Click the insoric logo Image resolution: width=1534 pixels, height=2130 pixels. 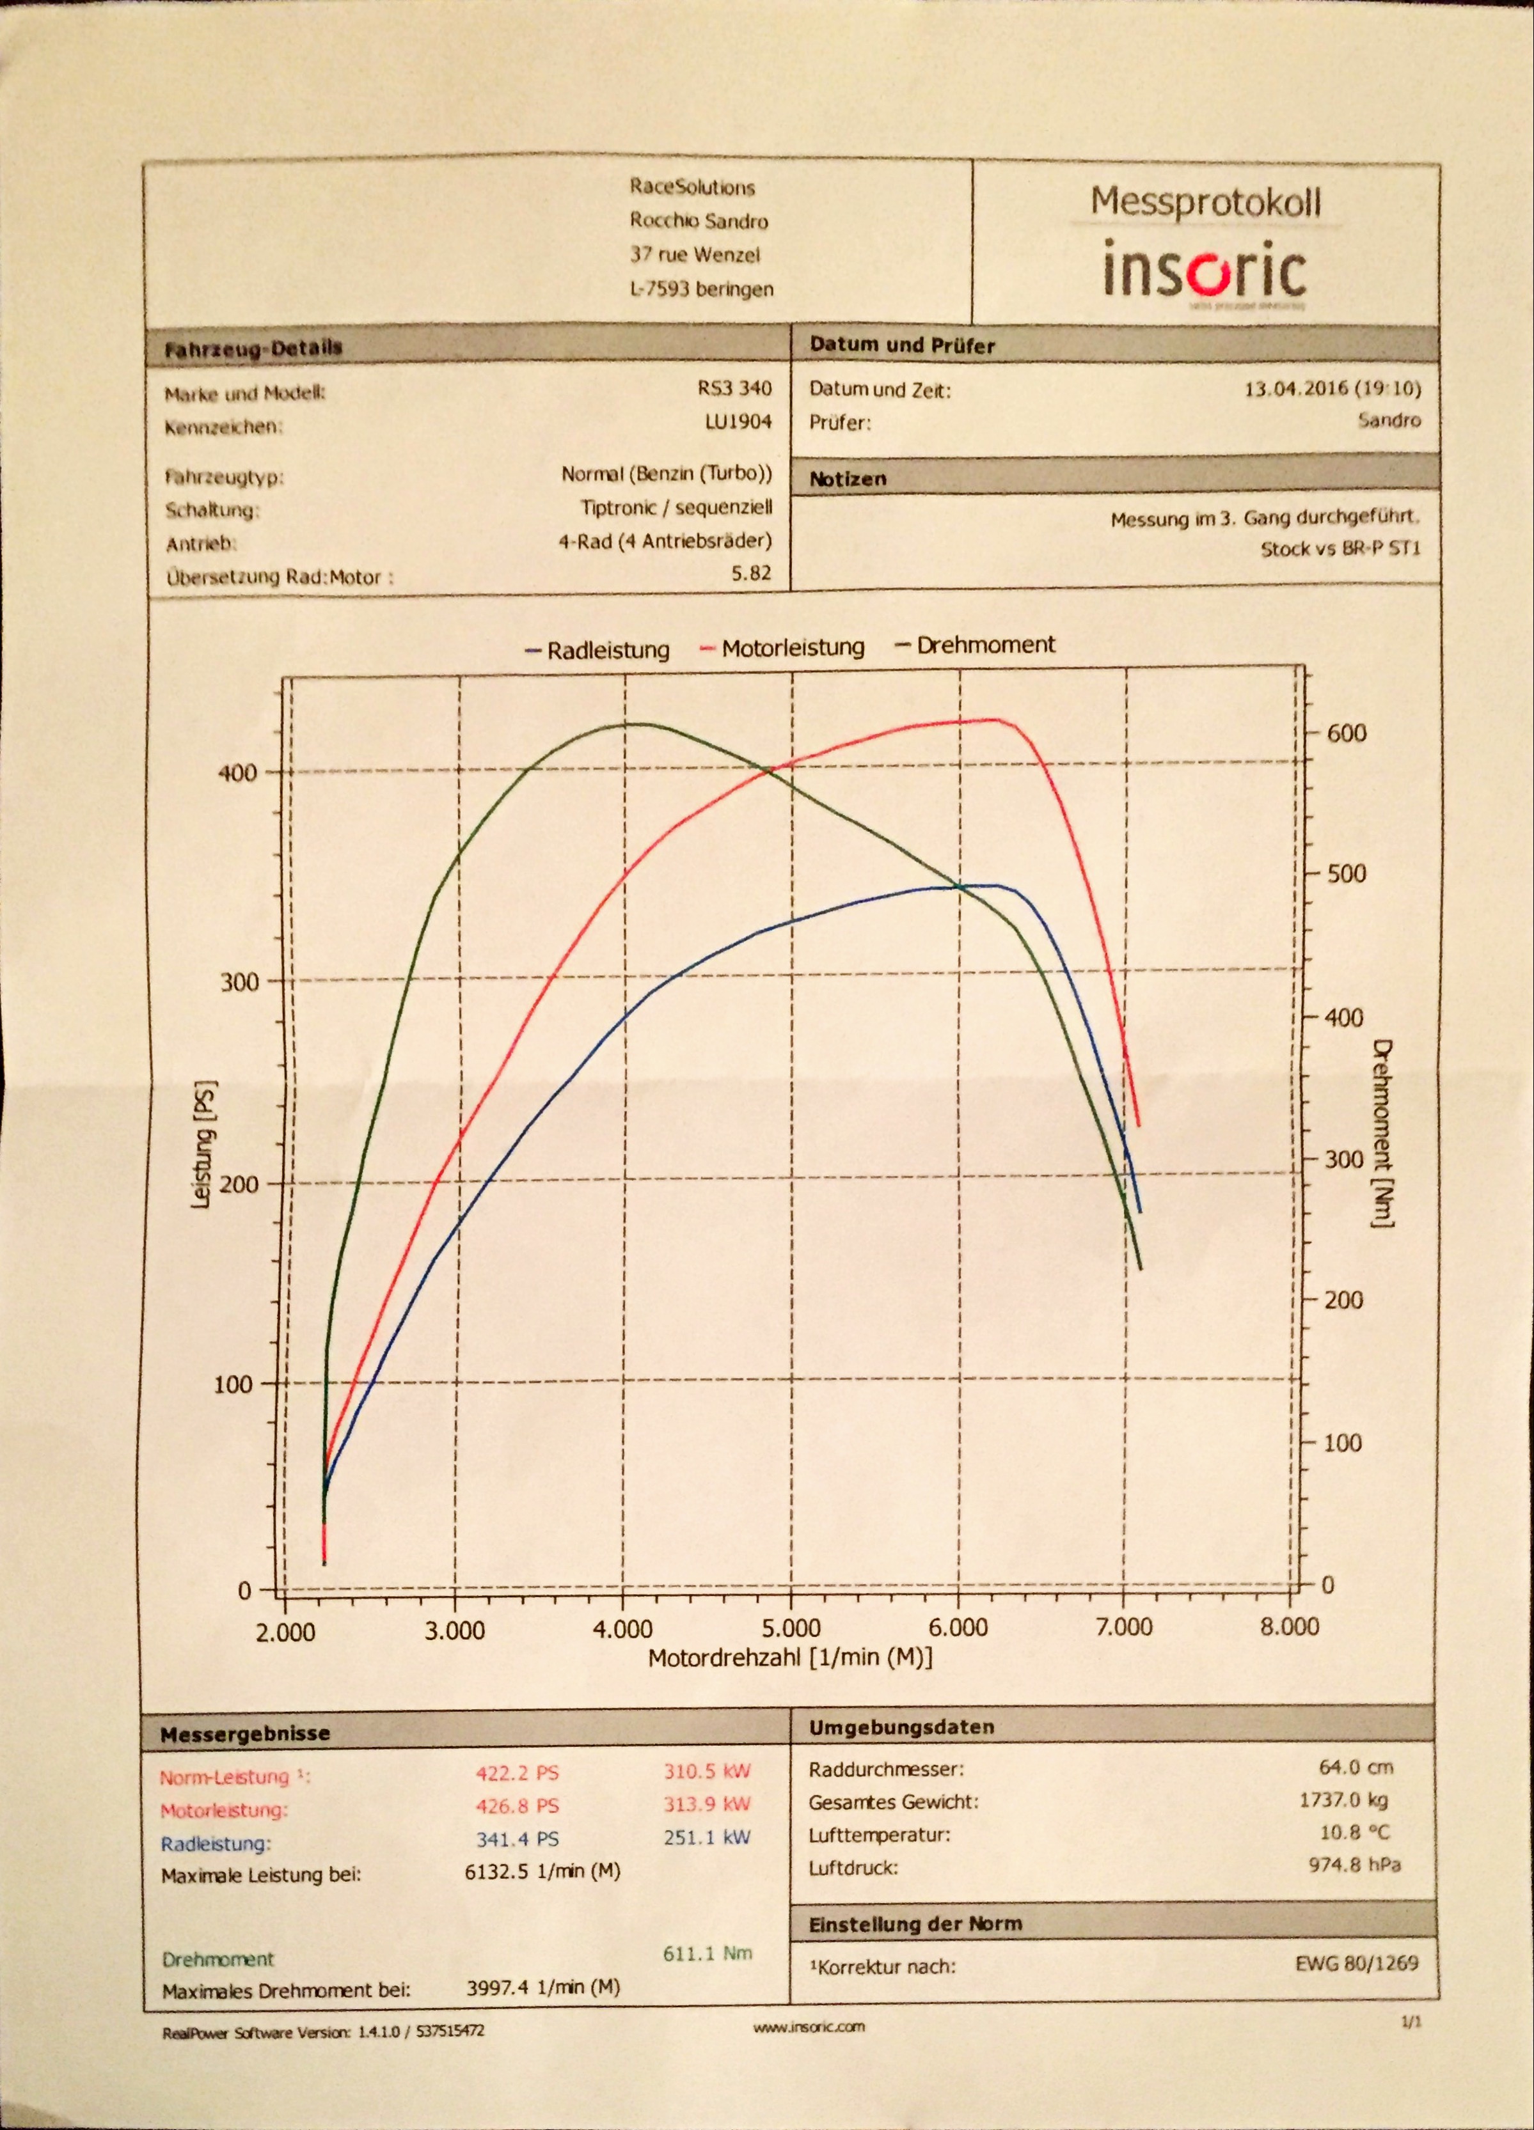pos(1205,270)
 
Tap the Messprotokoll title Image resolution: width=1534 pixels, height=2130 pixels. pos(1205,202)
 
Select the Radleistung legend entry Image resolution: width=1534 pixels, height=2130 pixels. pos(598,650)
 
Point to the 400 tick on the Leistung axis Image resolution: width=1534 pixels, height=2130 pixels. pos(236,773)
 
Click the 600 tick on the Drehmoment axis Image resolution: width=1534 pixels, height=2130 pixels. pos(1345,733)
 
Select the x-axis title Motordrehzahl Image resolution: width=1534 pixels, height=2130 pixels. pos(790,1657)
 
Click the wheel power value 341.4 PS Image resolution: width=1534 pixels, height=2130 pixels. pos(517,1839)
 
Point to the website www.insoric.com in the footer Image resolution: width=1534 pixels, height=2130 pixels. pos(809,2053)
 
